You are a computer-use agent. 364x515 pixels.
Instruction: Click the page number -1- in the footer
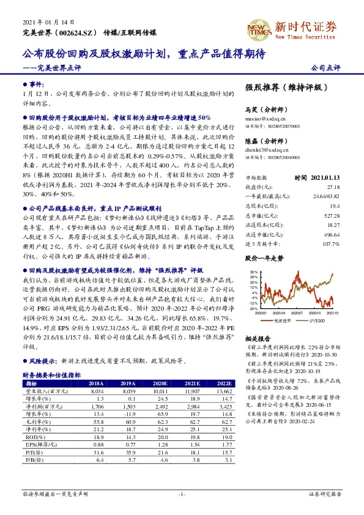point(181,493)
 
